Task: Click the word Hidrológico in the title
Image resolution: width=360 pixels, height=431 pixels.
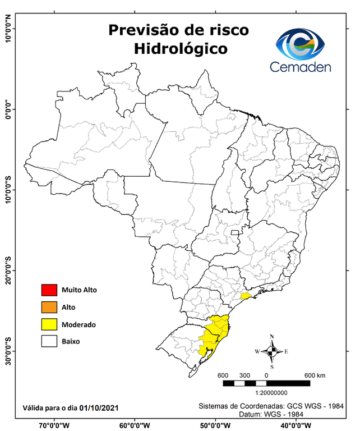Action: point(181,48)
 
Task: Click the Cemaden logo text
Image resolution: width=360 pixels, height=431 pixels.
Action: point(301,67)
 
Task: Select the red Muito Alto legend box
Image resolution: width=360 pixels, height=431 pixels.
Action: point(49,290)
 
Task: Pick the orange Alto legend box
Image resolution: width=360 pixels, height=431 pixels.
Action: point(49,307)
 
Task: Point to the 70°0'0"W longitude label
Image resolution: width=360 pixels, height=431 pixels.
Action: point(54,424)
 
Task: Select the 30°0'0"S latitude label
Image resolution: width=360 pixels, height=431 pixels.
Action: point(8,351)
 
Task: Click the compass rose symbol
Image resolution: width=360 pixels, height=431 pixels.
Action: point(271,352)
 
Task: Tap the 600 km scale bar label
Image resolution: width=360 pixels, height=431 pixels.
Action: point(315,375)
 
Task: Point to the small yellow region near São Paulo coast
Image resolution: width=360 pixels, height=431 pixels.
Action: point(245,296)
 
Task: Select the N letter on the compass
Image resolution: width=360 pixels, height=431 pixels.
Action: point(272,337)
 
